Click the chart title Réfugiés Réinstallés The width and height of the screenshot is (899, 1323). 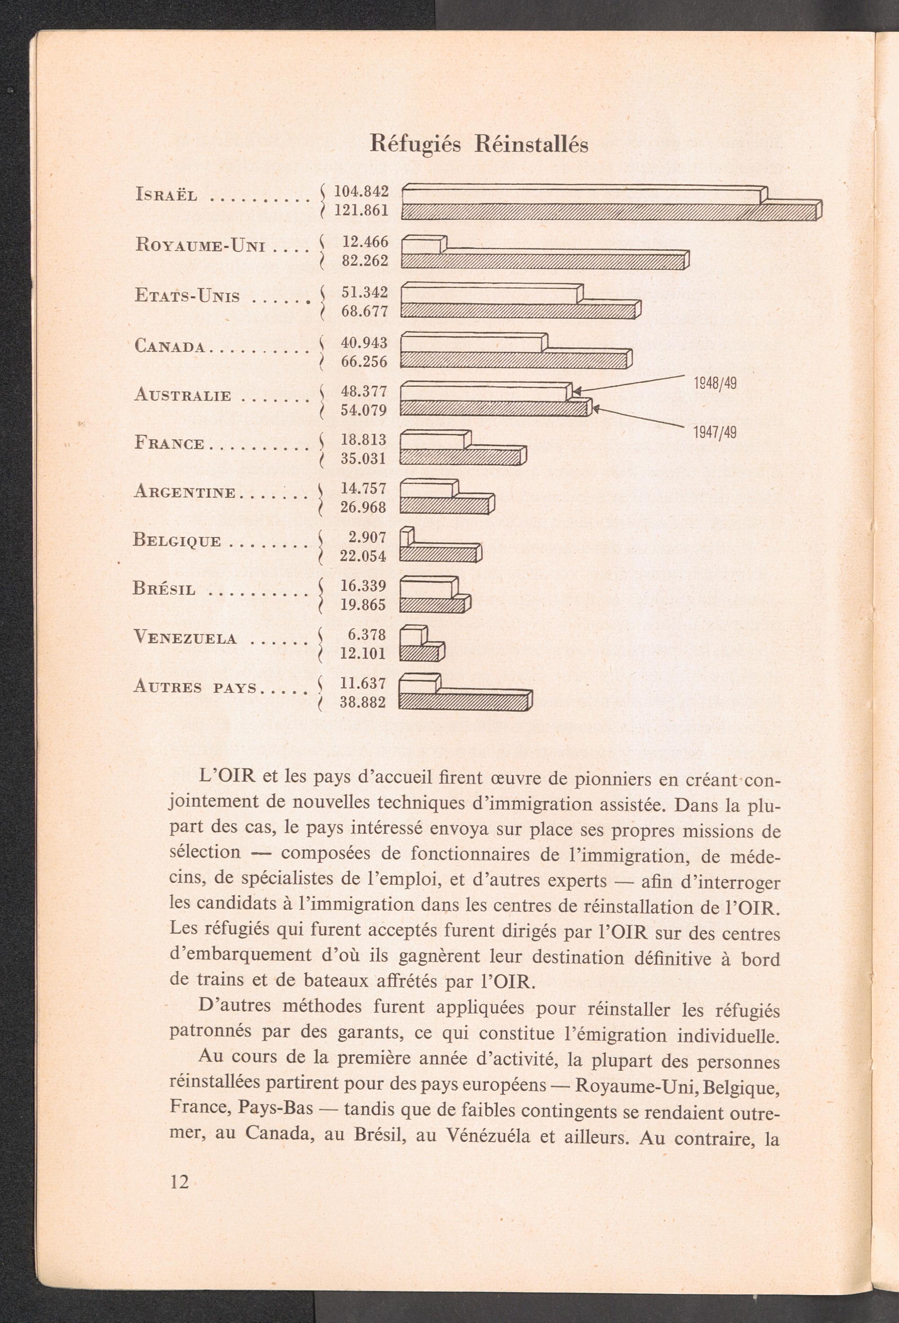(x=479, y=145)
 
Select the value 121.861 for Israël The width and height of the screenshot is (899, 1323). (x=361, y=210)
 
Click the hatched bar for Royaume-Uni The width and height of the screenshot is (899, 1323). (x=543, y=261)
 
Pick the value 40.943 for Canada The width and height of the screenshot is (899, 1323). (x=364, y=343)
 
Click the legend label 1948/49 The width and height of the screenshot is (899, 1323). (x=715, y=383)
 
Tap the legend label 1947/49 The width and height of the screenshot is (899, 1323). (x=715, y=433)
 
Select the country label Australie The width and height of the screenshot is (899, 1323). (x=182, y=395)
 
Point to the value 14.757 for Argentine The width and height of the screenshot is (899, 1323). (x=364, y=488)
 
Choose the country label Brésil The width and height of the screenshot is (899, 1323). (x=165, y=589)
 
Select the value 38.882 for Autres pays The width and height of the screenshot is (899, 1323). (x=363, y=702)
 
